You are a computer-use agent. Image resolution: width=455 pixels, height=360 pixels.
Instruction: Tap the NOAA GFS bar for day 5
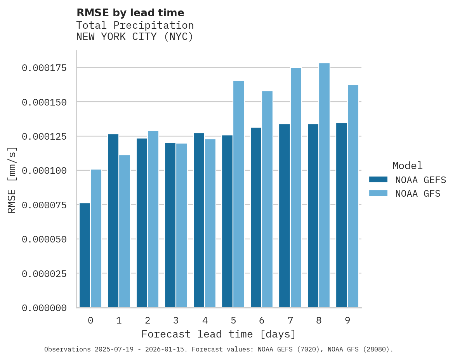(x=239, y=194)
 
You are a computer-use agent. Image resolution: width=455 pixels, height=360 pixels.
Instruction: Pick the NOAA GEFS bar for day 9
(x=342, y=215)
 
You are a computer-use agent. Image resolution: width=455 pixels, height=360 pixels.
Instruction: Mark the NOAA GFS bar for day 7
(x=296, y=188)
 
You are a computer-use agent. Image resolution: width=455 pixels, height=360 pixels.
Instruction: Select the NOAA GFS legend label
(x=418, y=194)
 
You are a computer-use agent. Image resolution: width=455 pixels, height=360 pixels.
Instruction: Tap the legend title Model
(x=407, y=166)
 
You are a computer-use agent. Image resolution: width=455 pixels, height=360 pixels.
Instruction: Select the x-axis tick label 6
(x=262, y=320)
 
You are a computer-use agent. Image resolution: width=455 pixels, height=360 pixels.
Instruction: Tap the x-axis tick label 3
(x=176, y=320)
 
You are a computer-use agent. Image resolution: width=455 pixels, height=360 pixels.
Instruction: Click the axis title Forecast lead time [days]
(x=219, y=334)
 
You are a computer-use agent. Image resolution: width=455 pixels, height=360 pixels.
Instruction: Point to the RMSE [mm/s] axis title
(x=12, y=180)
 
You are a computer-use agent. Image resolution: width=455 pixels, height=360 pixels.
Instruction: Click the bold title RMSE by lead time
(x=130, y=13)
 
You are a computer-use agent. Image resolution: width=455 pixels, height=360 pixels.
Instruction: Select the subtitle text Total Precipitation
(x=135, y=25)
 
